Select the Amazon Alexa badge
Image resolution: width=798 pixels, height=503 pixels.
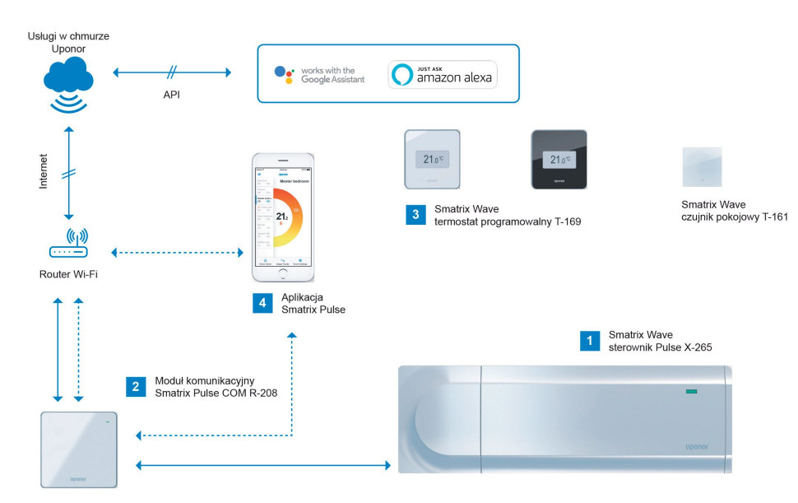click(x=443, y=74)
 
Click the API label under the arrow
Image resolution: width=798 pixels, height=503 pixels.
click(x=171, y=95)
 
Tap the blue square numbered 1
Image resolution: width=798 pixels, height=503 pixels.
click(x=588, y=341)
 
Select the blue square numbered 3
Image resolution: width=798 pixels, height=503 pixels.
click(x=415, y=215)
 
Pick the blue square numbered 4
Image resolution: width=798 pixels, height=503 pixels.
click(x=262, y=303)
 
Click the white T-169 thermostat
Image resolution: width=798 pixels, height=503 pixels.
click(x=432, y=160)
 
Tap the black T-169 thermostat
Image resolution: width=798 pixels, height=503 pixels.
click(x=559, y=160)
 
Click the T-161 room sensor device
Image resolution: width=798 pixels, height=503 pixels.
click(x=702, y=168)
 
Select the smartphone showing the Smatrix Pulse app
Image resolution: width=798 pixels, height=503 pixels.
click(x=283, y=217)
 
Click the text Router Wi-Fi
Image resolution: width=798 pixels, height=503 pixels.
click(x=68, y=273)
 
